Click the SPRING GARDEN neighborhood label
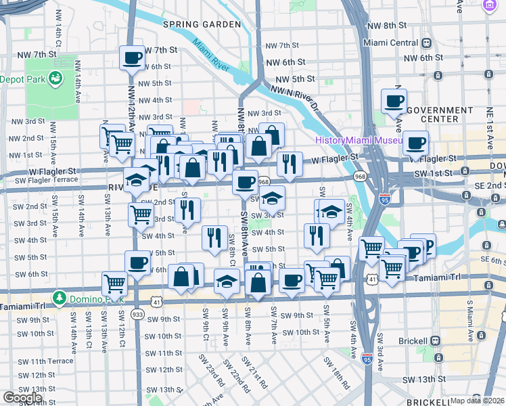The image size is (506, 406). (x=202, y=24)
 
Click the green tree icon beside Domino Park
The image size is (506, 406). (x=60, y=298)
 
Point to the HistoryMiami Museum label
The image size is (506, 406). (x=359, y=141)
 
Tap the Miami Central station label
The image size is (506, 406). (x=391, y=43)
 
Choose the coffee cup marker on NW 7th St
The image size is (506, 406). (x=133, y=58)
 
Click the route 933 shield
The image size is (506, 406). (x=137, y=314)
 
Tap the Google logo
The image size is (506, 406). (x=22, y=397)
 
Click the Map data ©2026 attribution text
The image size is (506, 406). (x=477, y=401)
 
